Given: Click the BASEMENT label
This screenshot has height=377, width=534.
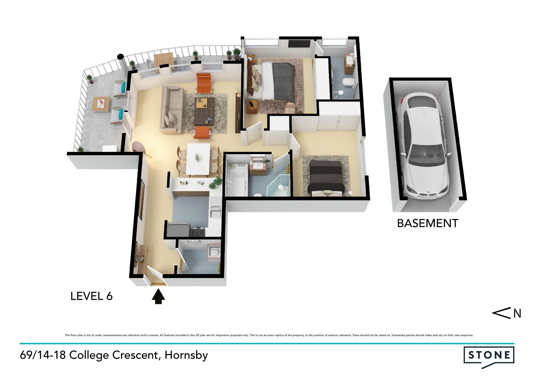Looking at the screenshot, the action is [x=427, y=223].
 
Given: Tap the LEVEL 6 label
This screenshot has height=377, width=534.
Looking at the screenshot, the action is [x=92, y=296].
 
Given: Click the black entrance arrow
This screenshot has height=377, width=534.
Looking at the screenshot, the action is [x=158, y=296].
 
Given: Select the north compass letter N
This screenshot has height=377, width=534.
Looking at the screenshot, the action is [x=517, y=313].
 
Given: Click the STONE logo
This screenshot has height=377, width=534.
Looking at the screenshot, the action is [x=489, y=356].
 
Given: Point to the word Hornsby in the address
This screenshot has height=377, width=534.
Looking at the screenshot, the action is [x=186, y=356].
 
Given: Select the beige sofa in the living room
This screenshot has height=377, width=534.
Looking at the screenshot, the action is [x=171, y=110].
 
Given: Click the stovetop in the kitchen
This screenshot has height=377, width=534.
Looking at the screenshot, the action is [x=198, y=231].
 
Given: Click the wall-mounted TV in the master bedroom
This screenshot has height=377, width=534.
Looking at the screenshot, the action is [x=299, y=44].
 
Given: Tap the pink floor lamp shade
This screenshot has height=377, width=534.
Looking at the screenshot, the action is [x=139, y=147].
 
